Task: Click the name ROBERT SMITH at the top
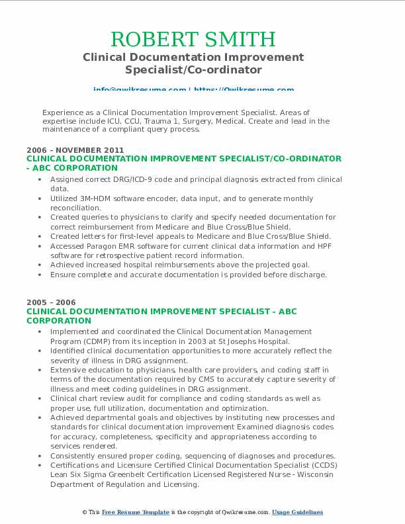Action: (x=193, y=38)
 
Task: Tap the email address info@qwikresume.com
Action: (x=140, y=89)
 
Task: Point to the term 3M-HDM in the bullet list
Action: (x=97, y=198)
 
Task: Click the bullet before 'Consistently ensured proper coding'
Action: (x=41, y=456)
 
